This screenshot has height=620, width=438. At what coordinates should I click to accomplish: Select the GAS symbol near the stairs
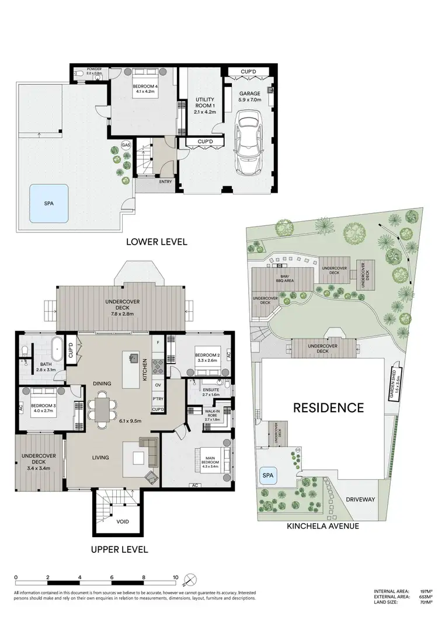[125, 144]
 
